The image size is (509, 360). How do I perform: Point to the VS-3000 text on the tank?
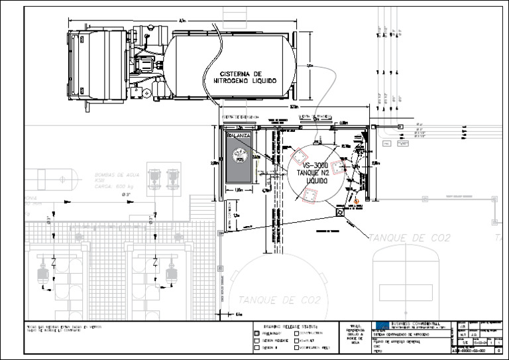pyautogui.click(x=307, y=164)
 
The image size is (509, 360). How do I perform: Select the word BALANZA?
pyautogui.click(x=239, y=135)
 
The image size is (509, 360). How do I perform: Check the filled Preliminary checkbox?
pyautogui.click(x=257, y=333)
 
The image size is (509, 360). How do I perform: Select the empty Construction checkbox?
pyautogui.click(x=295, y=333)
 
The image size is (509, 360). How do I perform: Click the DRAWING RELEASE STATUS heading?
pyautogui.click(x=291, y=326)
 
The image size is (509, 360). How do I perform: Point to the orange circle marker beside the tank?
pyautogui.click(x=356, y=200)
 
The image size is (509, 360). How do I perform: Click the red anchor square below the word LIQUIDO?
pyautogui.click(x=310, y=195)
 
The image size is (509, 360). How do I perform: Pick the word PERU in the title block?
pyautogui.click(x=378, y=351)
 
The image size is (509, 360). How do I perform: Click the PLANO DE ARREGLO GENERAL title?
pyautogui.click(x=398, y=340)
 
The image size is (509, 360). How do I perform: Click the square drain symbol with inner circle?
pyautogui.click(x=340, y=213)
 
